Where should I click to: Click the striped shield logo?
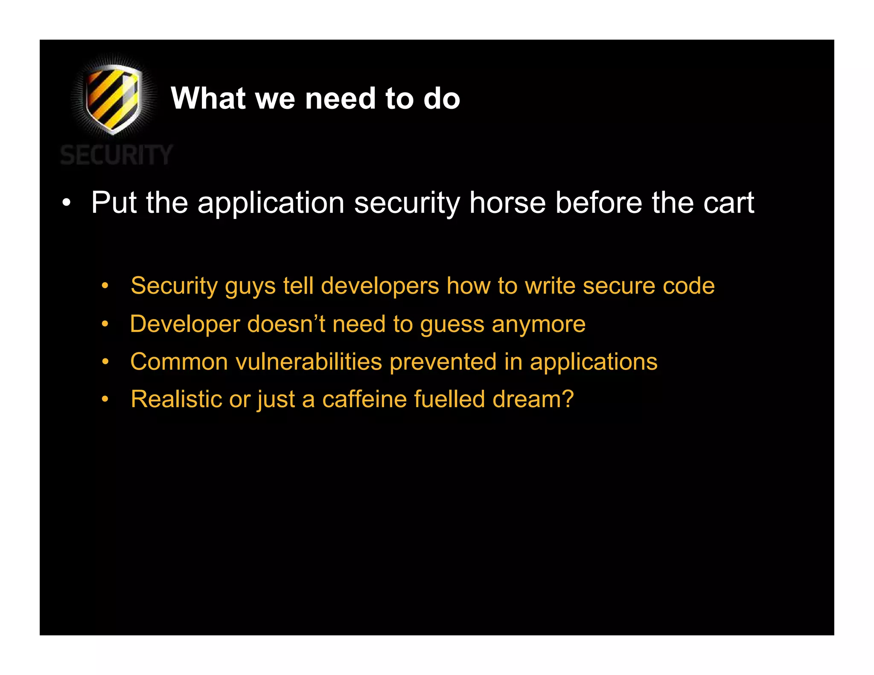click(113, 98)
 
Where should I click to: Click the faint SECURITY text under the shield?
click(116, 154)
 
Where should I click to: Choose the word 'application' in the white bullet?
click(271, 203)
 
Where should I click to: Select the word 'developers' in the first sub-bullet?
click(380, 286)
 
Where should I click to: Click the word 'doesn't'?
click(286, 324)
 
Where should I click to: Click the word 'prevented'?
click(443, 362)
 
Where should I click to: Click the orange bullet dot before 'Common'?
click(105, 362)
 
